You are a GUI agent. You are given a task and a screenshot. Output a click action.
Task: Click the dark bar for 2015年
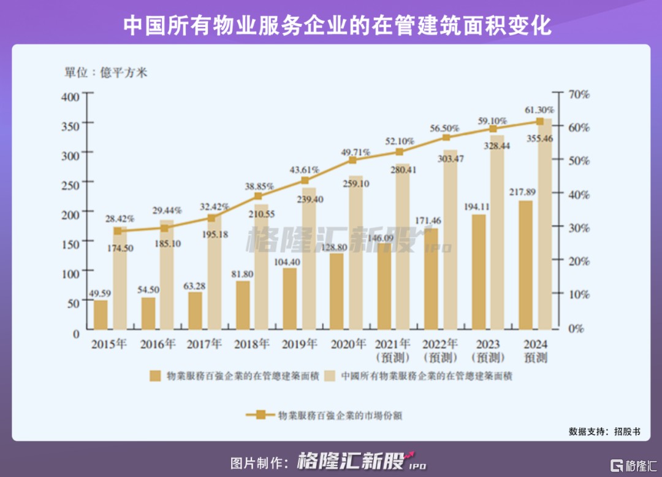[101, 314]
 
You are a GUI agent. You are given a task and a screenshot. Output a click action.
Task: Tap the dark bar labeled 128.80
[337, 291]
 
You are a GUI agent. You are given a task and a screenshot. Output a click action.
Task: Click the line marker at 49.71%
[352, 160]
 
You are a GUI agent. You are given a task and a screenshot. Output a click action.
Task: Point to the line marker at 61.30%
[540, 122]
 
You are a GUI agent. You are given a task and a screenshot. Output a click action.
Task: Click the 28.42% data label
[120, 219]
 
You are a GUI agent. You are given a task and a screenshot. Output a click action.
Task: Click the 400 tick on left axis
[71, 96]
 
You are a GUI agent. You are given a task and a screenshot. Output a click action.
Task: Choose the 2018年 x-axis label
[252, 344]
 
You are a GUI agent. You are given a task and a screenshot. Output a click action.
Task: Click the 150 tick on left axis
[71, 244]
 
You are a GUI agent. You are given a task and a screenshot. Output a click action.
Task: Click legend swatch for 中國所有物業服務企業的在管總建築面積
[329, 376]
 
